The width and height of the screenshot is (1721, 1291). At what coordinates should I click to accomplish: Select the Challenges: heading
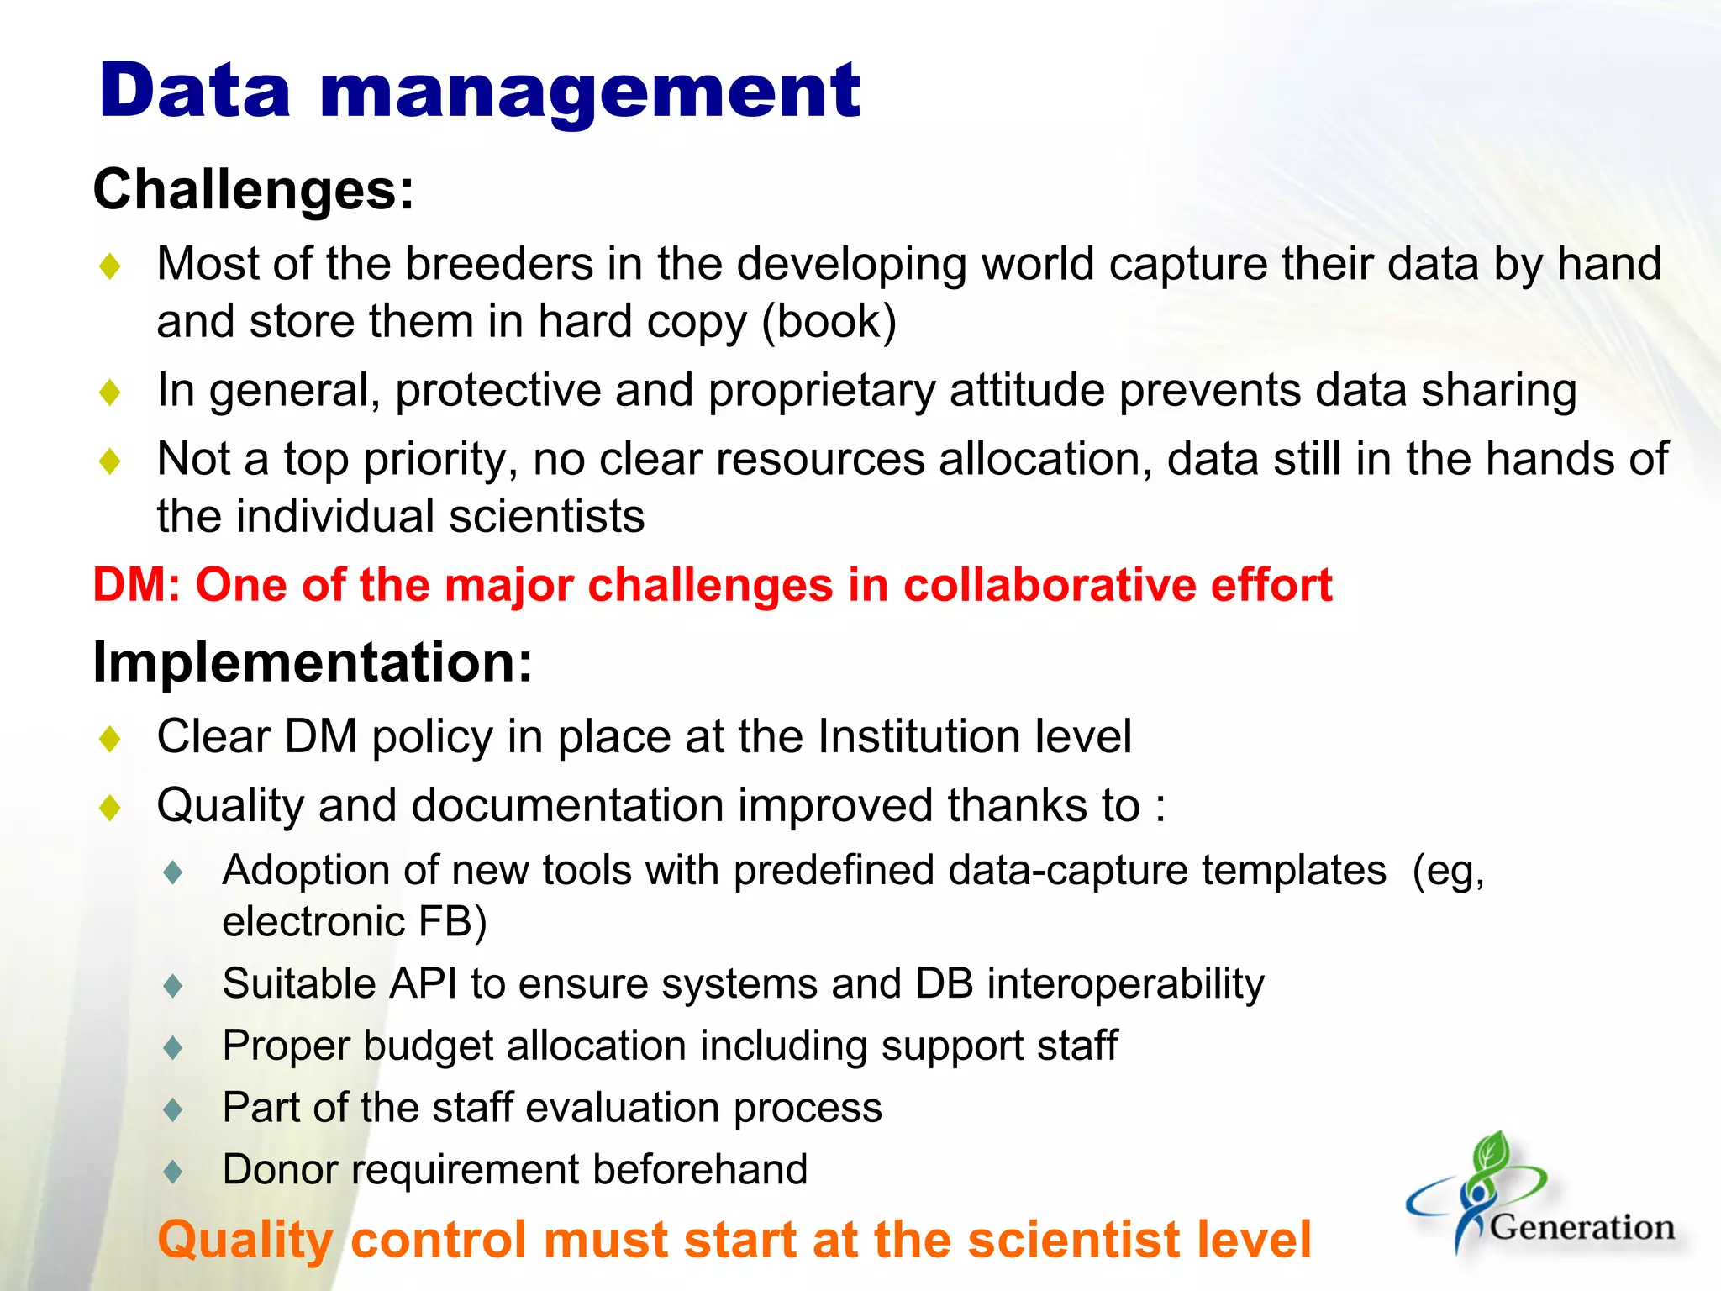tap(253, 189)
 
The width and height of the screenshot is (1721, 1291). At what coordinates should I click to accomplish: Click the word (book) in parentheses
tap(829, 322)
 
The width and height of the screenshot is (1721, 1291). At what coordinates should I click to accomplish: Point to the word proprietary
tap(821, 392)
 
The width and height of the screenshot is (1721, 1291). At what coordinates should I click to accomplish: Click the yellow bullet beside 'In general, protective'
tap(110, 393)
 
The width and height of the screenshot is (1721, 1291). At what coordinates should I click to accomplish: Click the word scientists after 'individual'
tap(546, 516)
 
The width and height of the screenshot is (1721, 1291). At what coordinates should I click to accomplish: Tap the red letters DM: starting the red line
tap(137, 585)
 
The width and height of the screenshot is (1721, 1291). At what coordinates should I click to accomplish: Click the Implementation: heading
tap(313, 662)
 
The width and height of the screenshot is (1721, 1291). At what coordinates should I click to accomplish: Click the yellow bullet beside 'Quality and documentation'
tap(110, 808)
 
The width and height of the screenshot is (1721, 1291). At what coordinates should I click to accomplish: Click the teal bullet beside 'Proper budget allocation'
tap(174, 1047)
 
